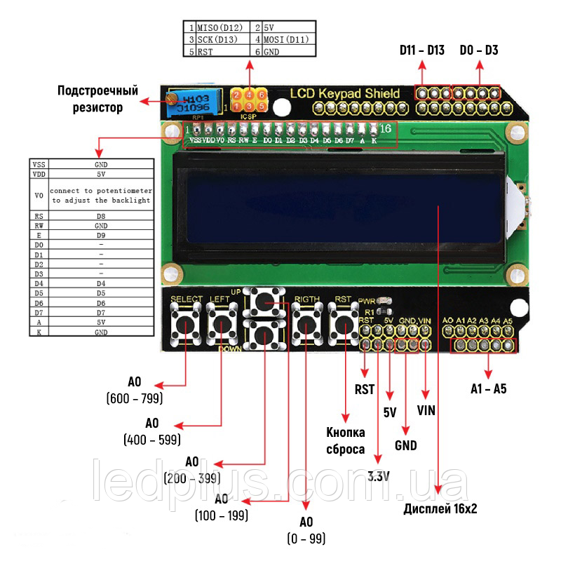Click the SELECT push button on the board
click(187, 325)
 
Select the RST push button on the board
click(344, 325)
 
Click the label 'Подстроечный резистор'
click(97, 99)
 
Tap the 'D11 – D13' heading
click(422, 50)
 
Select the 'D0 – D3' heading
click(480, 50)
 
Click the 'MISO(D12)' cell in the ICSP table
click(219, 27)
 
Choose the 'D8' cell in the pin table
click(101, 216)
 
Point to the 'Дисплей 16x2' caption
click(440, 509)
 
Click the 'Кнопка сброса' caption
click(345, 440)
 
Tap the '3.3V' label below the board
click(379, 477)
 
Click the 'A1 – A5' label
click(489, 388)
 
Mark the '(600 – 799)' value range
click(135, 398)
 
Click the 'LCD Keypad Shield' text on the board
click(345, 93)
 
